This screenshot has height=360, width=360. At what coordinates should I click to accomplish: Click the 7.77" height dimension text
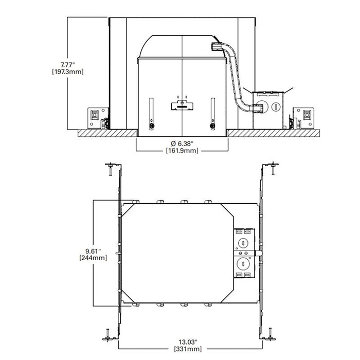click(x=67, y=64)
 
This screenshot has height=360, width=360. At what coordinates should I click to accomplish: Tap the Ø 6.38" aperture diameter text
click(x=182, y=143)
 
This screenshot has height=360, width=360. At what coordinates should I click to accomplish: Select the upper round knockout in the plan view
click(x=242, y=240)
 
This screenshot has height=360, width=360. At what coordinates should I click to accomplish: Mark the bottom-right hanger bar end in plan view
click(x=271, y=334)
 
